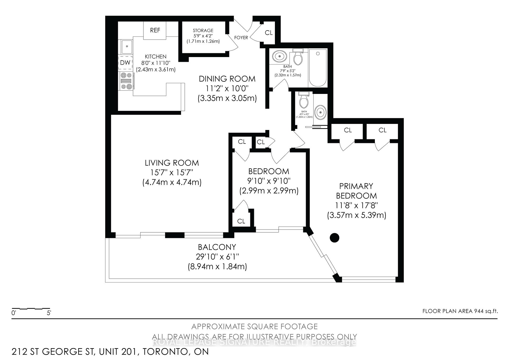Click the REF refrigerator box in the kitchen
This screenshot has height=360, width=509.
coord(155,30)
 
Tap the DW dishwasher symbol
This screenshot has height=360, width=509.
coord(125,63)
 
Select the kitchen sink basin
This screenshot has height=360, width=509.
coord(127,47)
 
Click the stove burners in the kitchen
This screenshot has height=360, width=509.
coord(126,81)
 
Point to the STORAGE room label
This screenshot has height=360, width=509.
coord(203,31)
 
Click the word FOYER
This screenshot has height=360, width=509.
coord(241,38)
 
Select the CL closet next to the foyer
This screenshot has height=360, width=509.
coord(269,33)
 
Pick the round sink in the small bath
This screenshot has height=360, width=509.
coord(321,112)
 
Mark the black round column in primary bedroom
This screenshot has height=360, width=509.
coord(335,237)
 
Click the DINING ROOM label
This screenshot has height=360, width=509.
coord(227,79)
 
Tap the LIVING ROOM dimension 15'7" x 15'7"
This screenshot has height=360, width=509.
coord(172,172)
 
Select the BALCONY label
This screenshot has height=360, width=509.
coord(217,247)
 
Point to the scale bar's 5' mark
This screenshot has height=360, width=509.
coord(49,313)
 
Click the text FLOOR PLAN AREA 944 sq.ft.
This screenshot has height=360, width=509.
coord(460,311)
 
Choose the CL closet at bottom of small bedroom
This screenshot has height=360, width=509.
coord(241,221)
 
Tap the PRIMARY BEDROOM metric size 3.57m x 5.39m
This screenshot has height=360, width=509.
coord(356,215)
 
